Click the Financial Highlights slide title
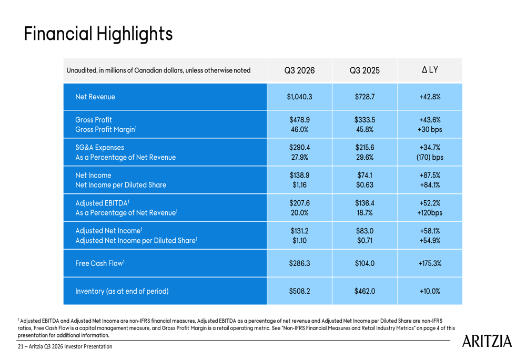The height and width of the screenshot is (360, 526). (98, 34)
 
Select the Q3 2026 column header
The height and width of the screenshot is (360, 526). (299, 70)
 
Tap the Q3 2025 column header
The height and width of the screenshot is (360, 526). (365, 70)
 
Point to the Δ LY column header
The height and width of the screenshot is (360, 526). (430, 70)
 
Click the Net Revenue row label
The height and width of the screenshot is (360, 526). (95, 97)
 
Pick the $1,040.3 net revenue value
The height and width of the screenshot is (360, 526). (299, 97)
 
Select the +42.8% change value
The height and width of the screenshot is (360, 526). (430, 97)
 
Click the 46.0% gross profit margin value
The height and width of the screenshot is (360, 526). (299, 129)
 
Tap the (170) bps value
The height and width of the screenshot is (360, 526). (430, 157)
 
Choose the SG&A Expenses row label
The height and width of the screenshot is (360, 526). (100, 148)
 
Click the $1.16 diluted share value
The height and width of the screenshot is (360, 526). (299, 185)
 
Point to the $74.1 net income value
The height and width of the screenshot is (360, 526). (365, 176)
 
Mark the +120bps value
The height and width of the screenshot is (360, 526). (430, 213)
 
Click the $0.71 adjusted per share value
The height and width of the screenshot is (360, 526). (365, 241)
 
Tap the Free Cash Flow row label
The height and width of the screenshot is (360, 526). (100, 263)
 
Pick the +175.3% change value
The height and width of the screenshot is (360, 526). (430, 263)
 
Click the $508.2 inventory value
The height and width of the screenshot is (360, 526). (299, 291)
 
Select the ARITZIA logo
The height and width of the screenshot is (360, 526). (486, 342)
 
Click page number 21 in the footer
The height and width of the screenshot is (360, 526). (21, 347)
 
